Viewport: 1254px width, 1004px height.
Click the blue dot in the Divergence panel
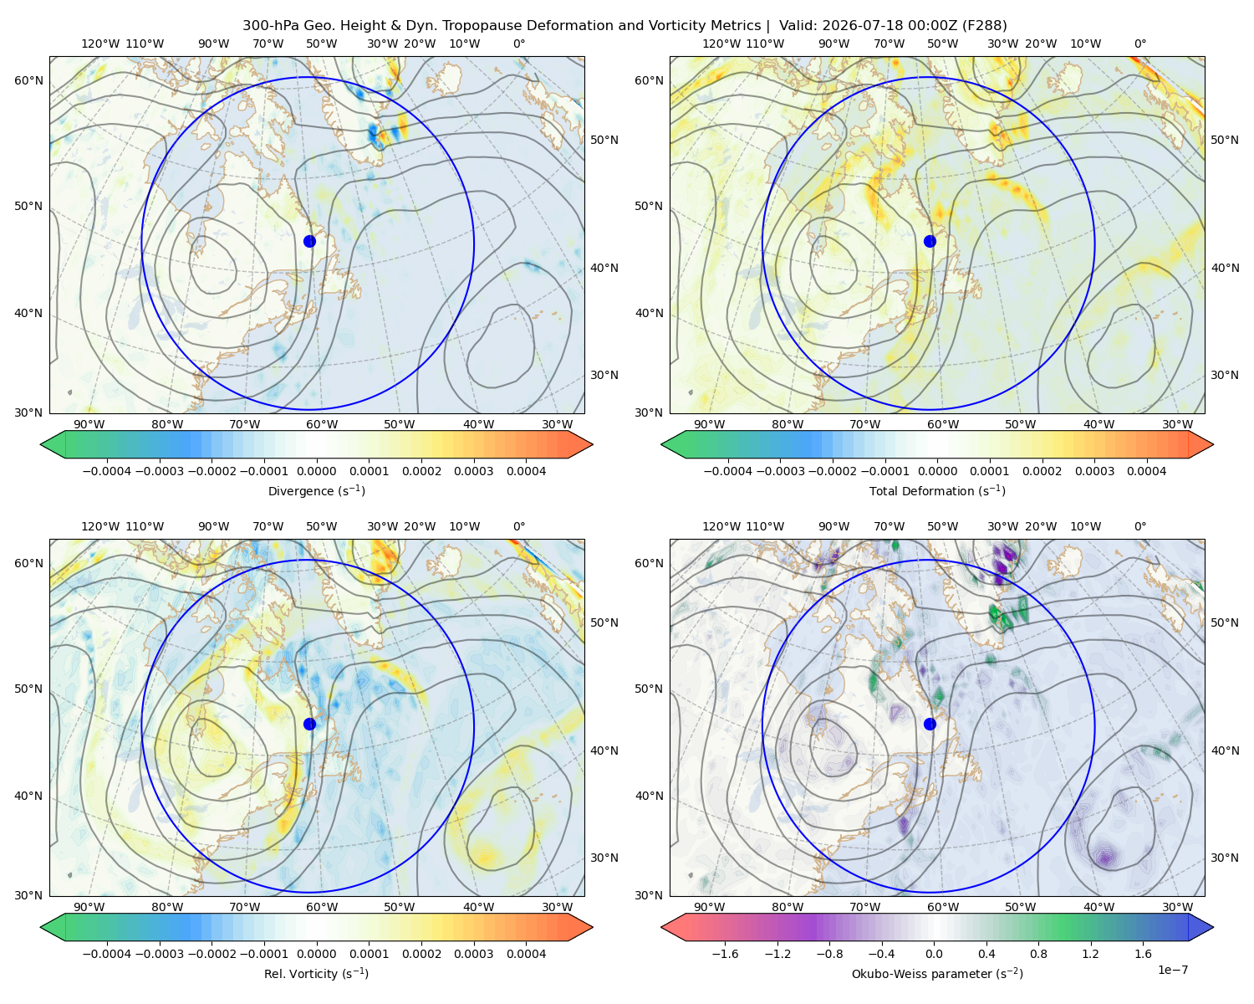(309, 242)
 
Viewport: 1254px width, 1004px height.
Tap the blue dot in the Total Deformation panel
(930, 242)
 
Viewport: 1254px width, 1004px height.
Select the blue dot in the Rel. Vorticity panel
(309, 724)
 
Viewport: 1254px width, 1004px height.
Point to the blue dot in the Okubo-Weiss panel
(930, 724)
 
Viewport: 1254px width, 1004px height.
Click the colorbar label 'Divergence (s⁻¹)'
(316, 491)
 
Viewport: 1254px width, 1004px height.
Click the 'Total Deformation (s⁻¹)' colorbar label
(937, 491)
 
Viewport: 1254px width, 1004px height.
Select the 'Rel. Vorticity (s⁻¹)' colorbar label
(316, 974)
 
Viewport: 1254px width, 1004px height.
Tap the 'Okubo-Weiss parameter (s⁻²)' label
(937, 974)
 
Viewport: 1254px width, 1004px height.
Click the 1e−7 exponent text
(1172, 970)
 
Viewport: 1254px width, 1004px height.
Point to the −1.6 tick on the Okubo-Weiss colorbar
(725, 954)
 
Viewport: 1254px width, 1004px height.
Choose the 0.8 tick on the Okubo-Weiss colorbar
(1038, 954)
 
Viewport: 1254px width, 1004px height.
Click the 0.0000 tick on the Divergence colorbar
(316, 471)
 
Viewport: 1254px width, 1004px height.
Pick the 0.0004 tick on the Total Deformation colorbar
(1147, 471)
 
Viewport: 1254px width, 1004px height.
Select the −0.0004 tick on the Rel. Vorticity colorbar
(107, 954)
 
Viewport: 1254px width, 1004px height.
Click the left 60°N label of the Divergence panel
(28, 80)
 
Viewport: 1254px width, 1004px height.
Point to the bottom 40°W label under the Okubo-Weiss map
(1099, 907)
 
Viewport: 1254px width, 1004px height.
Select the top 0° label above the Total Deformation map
(1140, 44)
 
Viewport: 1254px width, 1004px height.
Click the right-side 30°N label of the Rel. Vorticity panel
(604, 858)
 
